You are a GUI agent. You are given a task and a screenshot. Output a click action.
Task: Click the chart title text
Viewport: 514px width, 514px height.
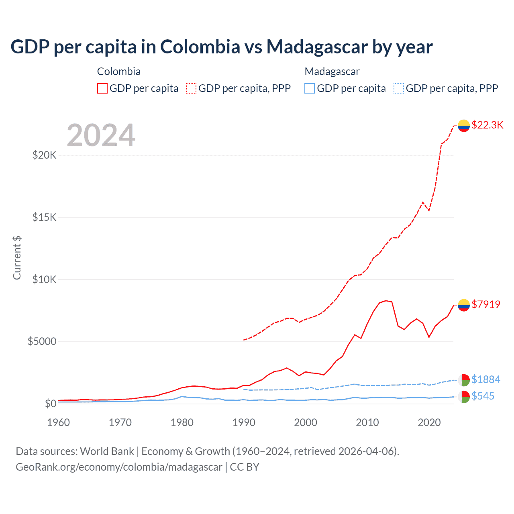(x=221, y=47)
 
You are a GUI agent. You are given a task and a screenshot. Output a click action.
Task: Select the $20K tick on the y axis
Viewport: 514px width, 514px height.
(x=44, y=155)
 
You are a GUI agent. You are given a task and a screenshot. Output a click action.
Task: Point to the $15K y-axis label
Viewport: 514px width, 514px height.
(x=44, y=217)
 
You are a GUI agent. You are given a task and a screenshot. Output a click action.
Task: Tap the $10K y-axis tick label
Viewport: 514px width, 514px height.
(x=44, y=279)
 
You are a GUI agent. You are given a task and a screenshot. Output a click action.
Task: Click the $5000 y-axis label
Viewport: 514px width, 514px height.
(x=42, y=341)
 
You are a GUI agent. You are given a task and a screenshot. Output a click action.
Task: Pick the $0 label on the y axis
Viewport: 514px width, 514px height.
(x=50, y=404)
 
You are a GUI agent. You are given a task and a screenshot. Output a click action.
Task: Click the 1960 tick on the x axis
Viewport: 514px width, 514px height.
(x=59, y=422)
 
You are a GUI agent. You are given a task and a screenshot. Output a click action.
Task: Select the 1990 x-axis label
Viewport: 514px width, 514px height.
(x=244, y=422)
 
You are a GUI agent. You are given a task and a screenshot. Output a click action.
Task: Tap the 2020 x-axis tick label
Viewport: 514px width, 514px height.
(x=429, y=422)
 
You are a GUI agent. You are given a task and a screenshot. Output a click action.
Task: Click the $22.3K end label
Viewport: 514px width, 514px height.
(x=487, y=125)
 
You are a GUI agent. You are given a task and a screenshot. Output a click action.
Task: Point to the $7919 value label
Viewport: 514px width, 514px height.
(x=486, y=304)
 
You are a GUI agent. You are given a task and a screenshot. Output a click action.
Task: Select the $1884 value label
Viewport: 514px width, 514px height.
(x=486, y=379)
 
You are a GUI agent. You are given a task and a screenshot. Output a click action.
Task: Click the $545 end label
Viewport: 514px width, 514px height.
(x=483, y=396)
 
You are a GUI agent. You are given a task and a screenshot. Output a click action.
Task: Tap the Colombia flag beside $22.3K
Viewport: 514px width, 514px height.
(x=464, y=126)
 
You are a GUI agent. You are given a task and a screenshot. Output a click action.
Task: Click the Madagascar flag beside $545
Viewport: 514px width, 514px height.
(x=464, y=397)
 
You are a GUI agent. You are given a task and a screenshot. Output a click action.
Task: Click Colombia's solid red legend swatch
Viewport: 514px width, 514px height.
(x=102, y=88)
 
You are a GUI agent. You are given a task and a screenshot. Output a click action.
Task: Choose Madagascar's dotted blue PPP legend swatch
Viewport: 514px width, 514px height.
(x=399, y=88)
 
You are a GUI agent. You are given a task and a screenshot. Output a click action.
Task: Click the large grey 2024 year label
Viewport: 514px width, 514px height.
(x=101, y=135)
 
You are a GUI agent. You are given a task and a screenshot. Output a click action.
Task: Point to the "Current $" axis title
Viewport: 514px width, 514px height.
(x=17, y=258)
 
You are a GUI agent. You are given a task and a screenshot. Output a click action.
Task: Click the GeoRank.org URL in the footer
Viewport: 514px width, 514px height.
(x=119, y=467)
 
